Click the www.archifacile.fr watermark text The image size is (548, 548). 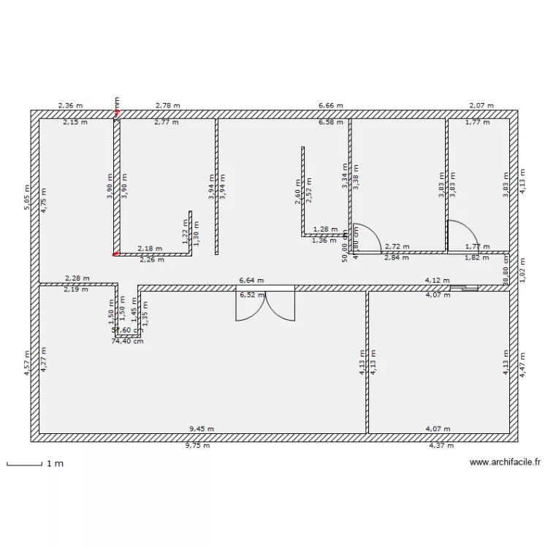505,463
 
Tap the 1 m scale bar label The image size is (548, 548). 55,464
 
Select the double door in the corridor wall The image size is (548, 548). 265,304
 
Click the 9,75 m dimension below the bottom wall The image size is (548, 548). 198,446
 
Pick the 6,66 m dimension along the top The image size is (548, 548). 330,106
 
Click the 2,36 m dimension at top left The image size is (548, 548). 71,106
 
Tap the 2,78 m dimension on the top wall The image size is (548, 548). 168,106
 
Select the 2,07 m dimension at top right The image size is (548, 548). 481,106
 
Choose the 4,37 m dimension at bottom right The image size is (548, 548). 441,446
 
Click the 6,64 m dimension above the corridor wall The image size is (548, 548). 251,280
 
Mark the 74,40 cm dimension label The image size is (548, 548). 127,340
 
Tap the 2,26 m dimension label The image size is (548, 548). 151,259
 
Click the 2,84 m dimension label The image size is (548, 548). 397,258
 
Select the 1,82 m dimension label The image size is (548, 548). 476,258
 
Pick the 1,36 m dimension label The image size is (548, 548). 324,240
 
